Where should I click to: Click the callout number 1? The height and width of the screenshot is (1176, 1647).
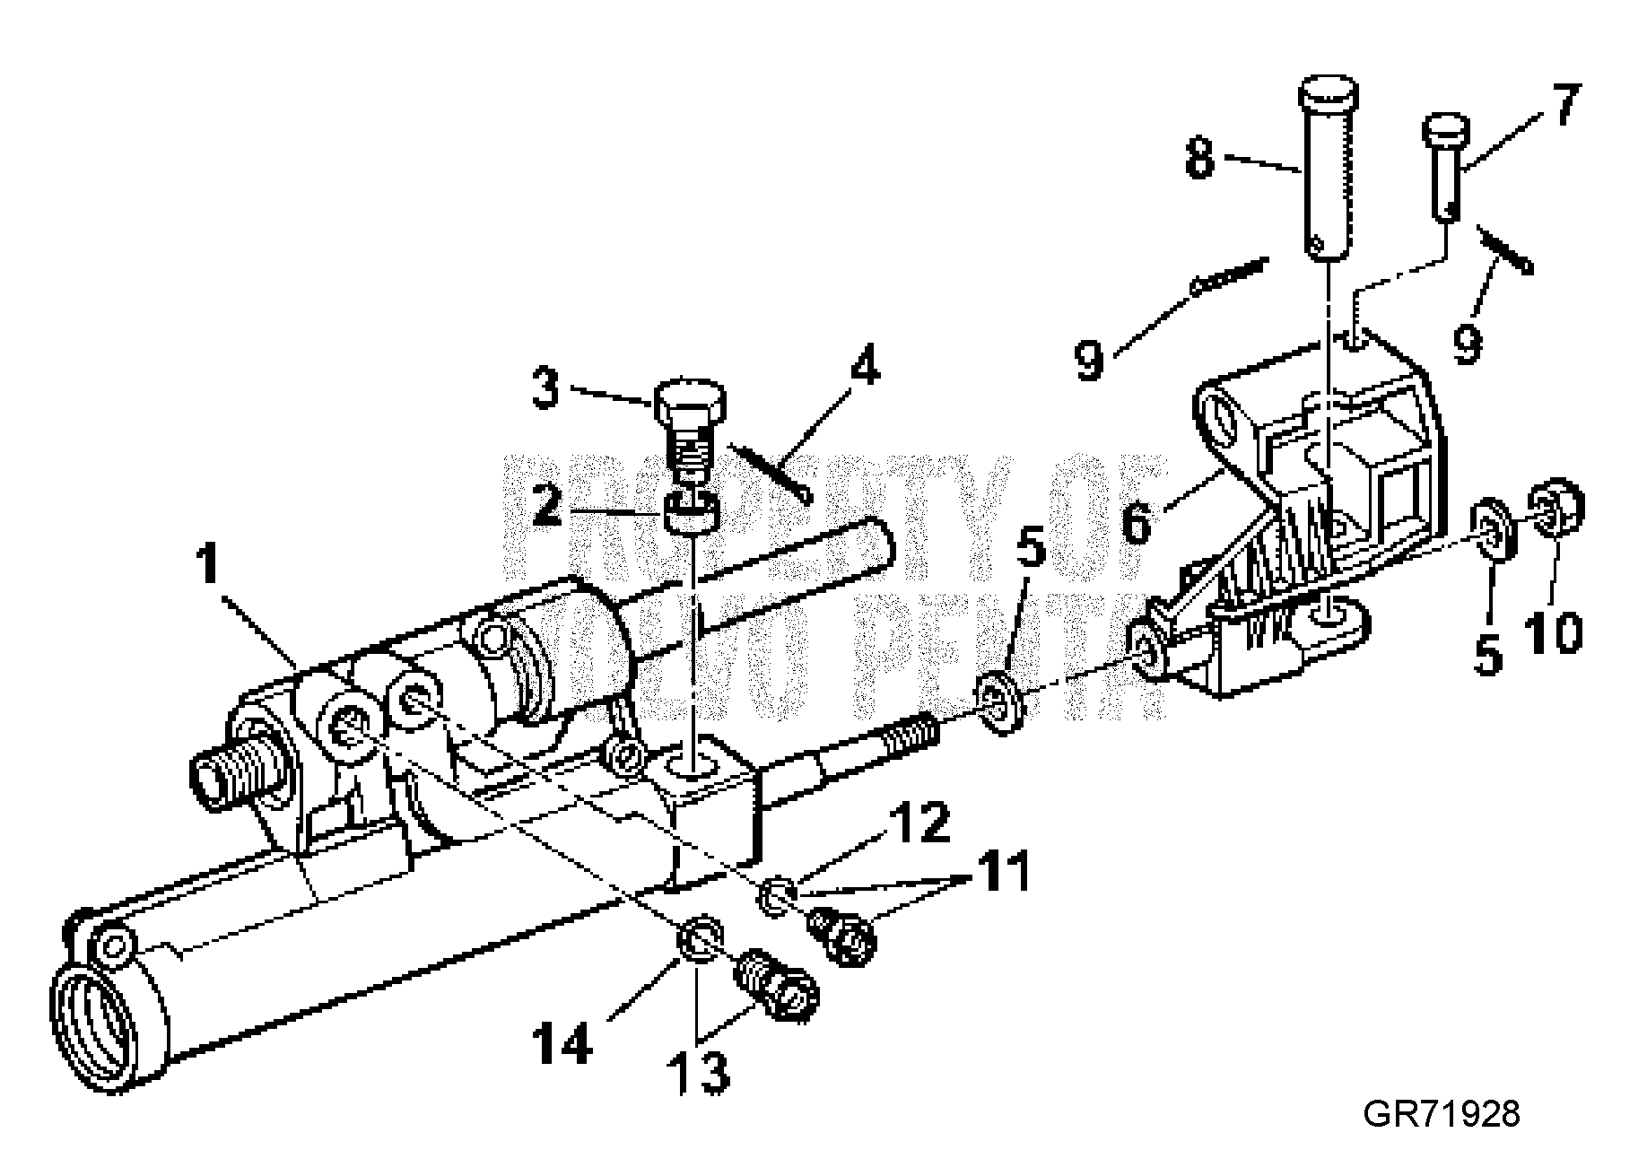(208, 563)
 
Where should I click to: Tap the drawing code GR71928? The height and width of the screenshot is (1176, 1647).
(1441, 1113)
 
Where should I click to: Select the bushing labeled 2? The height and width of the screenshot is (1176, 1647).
(693, 512)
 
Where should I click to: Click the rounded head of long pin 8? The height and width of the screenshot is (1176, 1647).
(1329, 93)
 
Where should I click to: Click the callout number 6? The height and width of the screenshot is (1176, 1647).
(1136, 522)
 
